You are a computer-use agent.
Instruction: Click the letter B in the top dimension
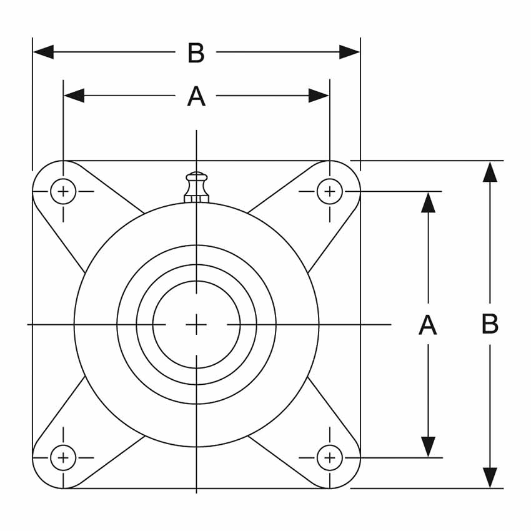(x=196, y=54)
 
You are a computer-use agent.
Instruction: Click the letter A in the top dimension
(x=196, y=97)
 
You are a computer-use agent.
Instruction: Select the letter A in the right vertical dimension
(x=427, y=325)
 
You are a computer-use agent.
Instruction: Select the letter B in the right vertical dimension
(x=490, y=325)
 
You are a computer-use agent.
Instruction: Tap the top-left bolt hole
(x=63, y=191)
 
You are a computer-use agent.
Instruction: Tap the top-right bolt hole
(x=329, y=191)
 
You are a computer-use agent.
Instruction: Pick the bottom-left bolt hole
(x=63, y=458)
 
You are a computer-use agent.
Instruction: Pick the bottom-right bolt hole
(x=329, y=458)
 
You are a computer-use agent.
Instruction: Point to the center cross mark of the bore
(x=196, y=325)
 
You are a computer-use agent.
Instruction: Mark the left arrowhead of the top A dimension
(x=74, y=96)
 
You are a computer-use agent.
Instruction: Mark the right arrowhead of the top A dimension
(x=319, y=96)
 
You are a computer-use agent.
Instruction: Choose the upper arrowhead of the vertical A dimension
(x=428, y=202)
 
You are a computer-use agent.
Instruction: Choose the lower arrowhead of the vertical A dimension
(x=428, y=447)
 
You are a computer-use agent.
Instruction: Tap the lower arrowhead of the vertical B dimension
(x=490, y=478)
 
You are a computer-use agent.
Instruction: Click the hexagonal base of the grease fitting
(x=196, y=199)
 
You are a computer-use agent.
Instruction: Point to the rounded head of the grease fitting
(x=196, y=177)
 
